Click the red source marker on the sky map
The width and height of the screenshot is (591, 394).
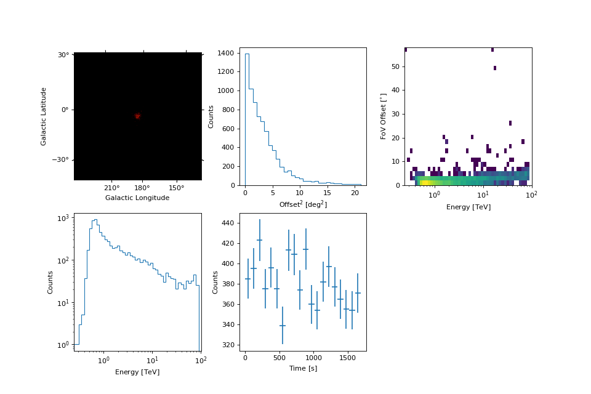pyautogui.click(x=137, y=116)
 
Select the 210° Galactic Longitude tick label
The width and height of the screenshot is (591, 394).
pyautogui.click(x=112, y=188)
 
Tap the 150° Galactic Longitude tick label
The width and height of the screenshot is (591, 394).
pyautogui.click(x=177, y=188)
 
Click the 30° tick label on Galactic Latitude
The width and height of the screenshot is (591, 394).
pyautogui.click(x=63, y=55)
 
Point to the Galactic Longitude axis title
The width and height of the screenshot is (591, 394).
pyautogui.click(x=137, y=198)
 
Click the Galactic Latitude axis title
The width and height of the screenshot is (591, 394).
pyautogui.click(x=44, y=116)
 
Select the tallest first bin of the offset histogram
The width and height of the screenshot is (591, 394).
pyautogui.click(x=247, y=117)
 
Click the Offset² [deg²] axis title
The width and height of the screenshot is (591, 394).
pyautogui.click(x=303, y=204)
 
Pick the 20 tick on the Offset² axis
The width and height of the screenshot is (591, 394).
pyautogui.click(x=355, y=193)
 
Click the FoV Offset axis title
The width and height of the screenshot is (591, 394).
pyautogui.click(x=384, y=116)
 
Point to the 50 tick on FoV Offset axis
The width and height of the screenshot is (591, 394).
pyautogui.click(x=395, y=66)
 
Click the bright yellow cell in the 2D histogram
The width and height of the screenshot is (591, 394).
pyautogui.click(x=424, y=183)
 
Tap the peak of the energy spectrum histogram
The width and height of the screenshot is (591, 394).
pyautogui.click(x=95, y=220)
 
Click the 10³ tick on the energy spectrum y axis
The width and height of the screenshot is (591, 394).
pyautogui.click(x=63, y=218)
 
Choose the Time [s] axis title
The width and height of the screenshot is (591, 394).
pyautogui.click(x=303, y=368)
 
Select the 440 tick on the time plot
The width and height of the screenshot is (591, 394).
pyautogui.click(x=227, y=223)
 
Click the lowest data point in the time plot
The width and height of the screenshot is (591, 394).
pyautogui.click(x=283, y=326)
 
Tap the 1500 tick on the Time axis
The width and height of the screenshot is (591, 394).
pyautogui.click(x=347, y=358)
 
